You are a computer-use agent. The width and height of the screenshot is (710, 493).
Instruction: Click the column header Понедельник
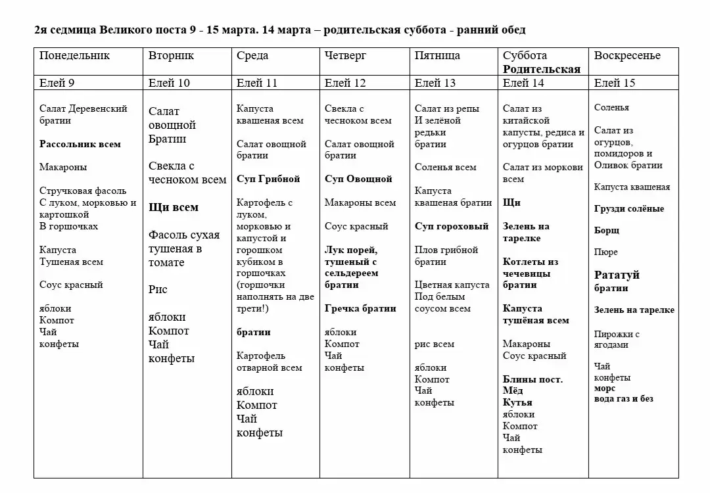(74, 56)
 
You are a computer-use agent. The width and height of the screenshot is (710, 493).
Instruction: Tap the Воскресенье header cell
(627, 56)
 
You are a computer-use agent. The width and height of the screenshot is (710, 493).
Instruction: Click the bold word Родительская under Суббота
(542, 69)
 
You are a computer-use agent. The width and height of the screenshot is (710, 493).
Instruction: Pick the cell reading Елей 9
(57, 83)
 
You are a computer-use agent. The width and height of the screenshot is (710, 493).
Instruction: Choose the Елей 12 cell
(345, 83)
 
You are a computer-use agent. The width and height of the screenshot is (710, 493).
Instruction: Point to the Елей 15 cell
(615, 83)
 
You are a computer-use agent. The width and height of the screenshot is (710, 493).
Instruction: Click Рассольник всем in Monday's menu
(80, 144)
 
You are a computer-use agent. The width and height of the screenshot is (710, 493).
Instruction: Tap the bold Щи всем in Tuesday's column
(174, 207)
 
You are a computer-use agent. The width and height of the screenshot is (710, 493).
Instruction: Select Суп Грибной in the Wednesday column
(268, 179)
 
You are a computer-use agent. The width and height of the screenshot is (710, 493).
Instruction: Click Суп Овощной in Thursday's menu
(358, 179)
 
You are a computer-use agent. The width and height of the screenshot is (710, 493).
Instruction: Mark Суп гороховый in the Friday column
(452, 226)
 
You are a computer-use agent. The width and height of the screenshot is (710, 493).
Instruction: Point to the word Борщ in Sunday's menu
(607, 231)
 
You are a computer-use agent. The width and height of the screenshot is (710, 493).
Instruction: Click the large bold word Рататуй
(617, 275)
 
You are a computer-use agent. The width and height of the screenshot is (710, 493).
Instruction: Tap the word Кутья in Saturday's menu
(517, 402)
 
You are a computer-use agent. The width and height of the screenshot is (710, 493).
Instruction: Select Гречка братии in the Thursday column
(360, 308)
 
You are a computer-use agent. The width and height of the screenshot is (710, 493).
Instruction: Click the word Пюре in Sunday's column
(606, 252)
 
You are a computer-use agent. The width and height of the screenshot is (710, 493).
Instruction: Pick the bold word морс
(605, 388)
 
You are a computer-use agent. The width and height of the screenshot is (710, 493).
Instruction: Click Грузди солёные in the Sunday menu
(629, 209)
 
